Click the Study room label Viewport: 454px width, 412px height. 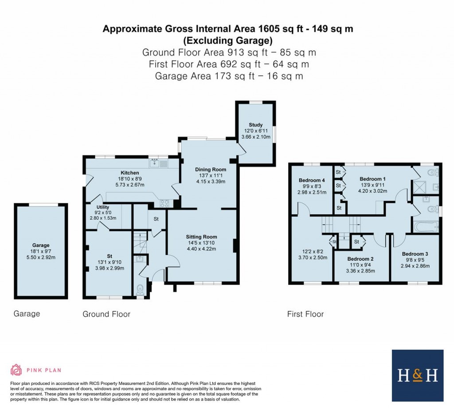pyautogui.click(x=255, y=125)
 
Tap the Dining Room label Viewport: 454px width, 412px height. pyautogui.click(x=211, y=169)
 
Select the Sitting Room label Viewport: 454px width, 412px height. pyautogui.click(x=201, y=236)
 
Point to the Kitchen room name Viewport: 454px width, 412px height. pyautogui.click(x=130, y=173)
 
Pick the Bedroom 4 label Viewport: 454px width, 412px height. pyautogui.click(x=312, y=180)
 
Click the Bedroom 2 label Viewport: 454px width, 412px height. pyautogui.click(x=360, y=259)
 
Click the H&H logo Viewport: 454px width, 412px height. pyautogui.click(x=417, y=376)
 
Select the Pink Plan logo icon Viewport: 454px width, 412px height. pyautogui.click(x=16, y=370)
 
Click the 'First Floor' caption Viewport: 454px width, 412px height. pyautogui.click(x=305, y=314)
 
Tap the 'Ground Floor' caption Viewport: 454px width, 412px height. pyautogui.click(x=106, y=314)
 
